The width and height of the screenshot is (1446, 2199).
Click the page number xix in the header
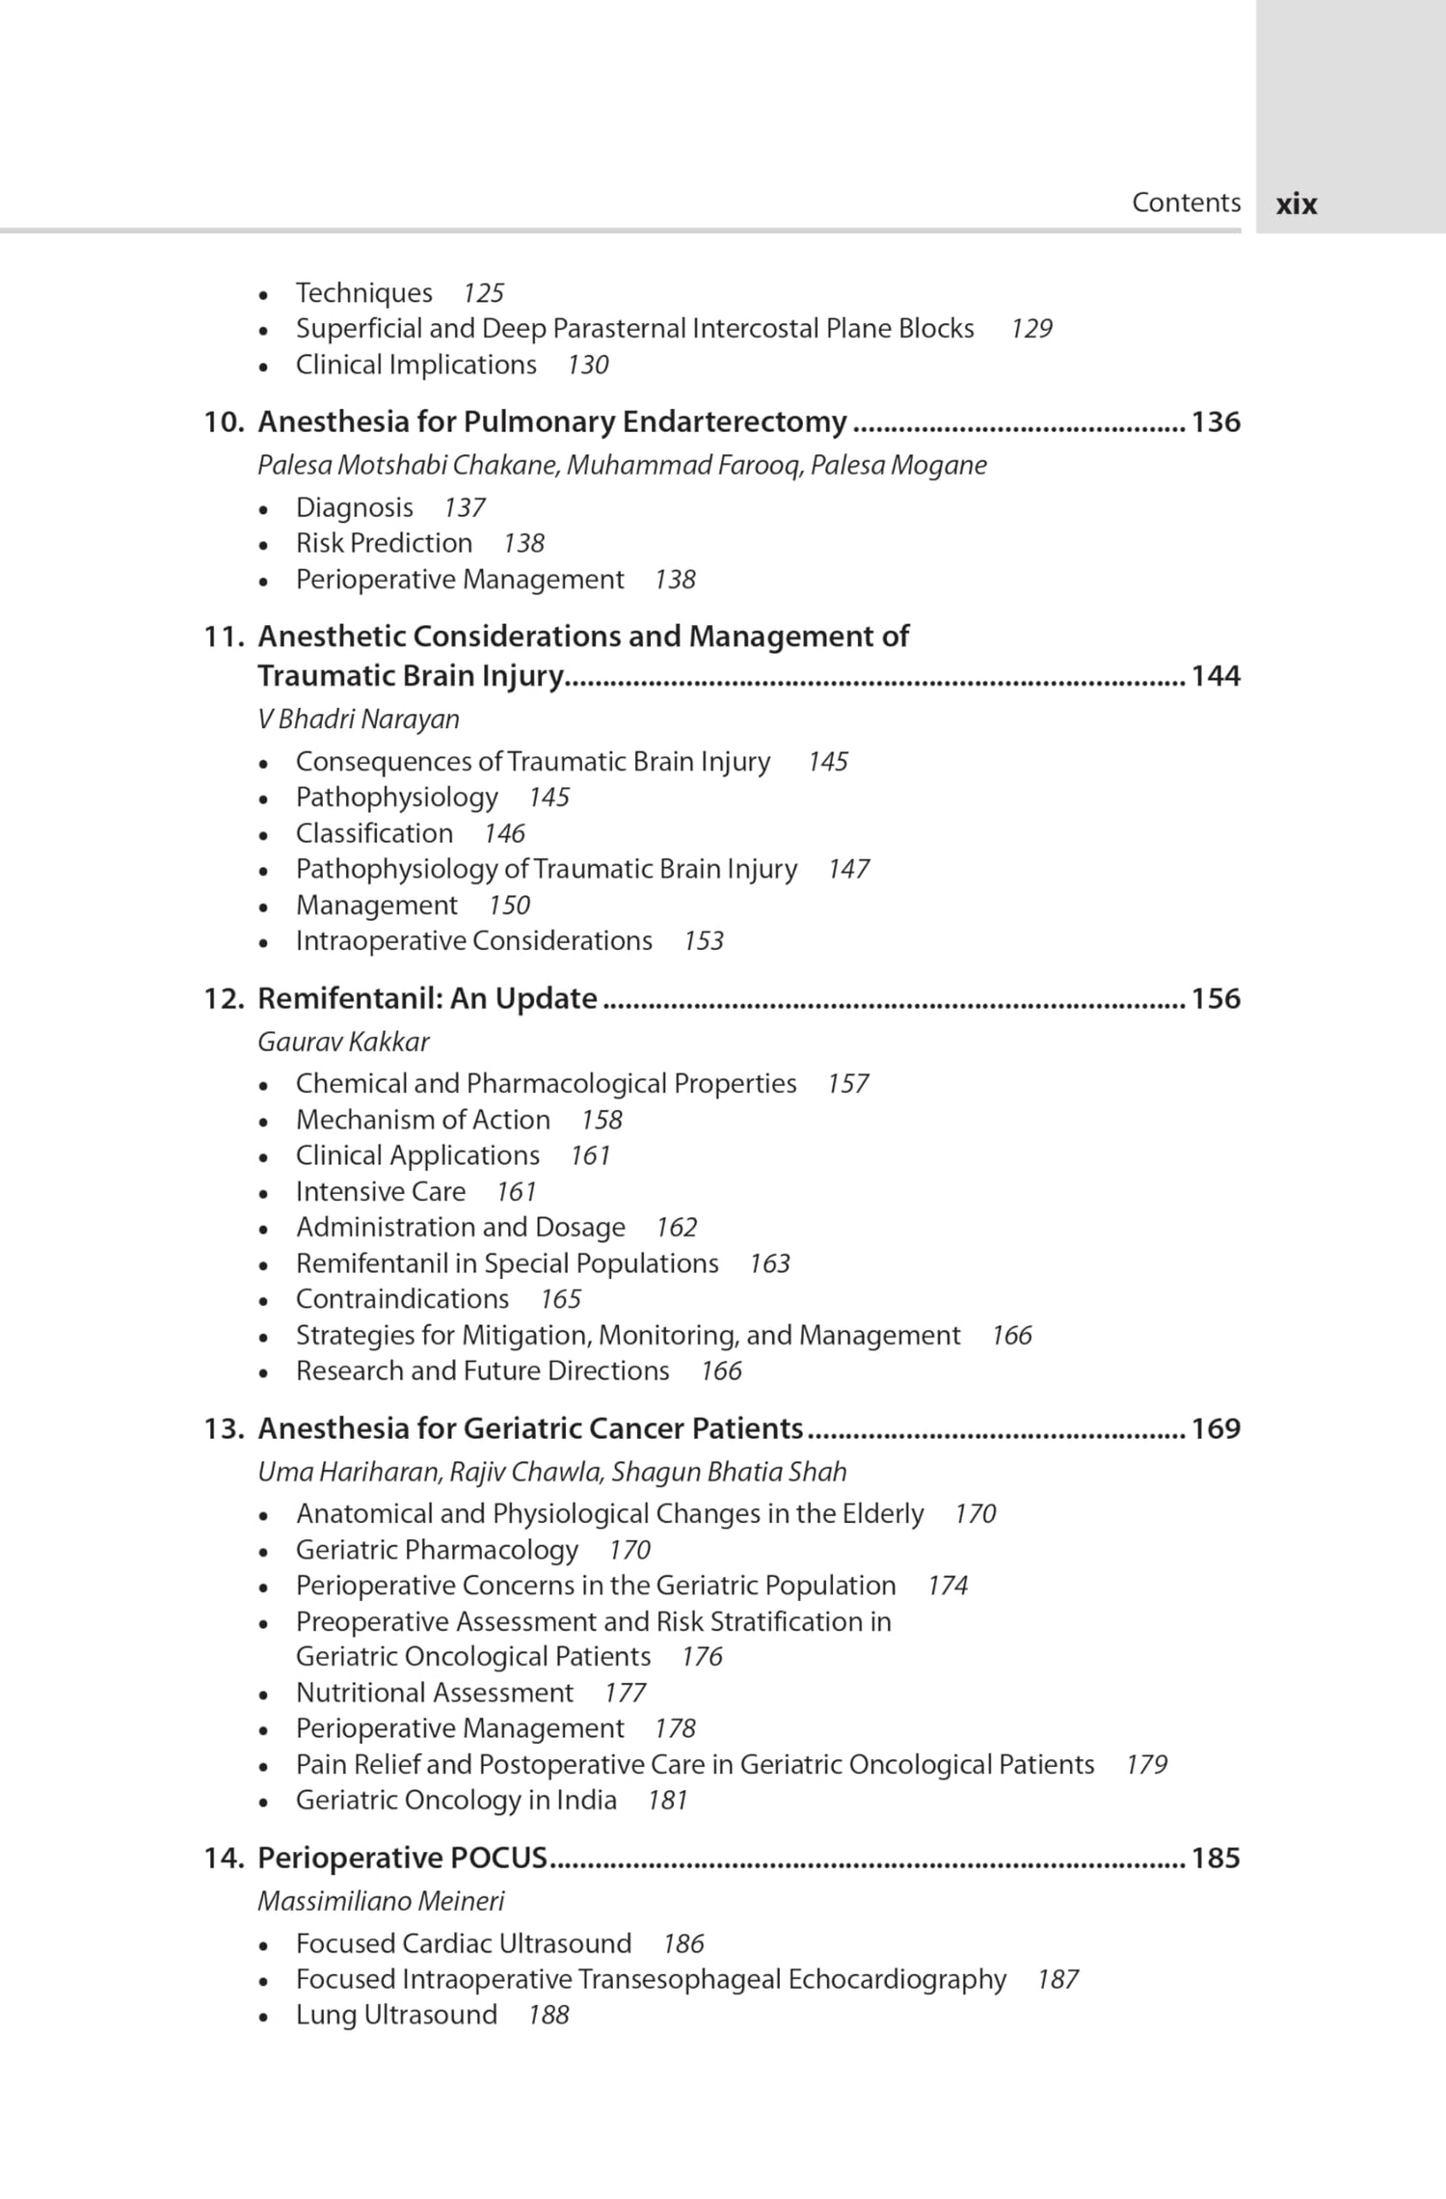1296,204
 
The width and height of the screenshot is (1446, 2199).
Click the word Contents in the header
1186,203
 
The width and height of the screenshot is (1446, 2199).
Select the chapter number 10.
224,422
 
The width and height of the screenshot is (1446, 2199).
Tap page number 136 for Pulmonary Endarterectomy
1216,422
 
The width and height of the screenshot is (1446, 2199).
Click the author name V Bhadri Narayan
358,719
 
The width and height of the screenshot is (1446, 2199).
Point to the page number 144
1216,676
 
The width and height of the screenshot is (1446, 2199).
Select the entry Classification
374,833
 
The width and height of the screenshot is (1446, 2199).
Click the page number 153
703,941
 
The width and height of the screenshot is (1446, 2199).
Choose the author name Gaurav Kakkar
343,1042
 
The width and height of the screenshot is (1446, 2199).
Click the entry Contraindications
402,1299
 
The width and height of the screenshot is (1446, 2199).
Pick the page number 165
560,1299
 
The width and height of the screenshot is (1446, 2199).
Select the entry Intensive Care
381,1192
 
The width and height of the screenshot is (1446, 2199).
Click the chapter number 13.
224,1428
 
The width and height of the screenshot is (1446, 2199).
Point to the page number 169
1216,1428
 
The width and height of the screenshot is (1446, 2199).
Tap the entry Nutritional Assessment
435,1693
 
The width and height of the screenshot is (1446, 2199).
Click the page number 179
1146,1765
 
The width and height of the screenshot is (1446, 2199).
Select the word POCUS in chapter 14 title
498,1858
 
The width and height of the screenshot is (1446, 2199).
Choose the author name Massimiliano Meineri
381,1901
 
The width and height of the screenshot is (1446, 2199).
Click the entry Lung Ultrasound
396,2015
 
